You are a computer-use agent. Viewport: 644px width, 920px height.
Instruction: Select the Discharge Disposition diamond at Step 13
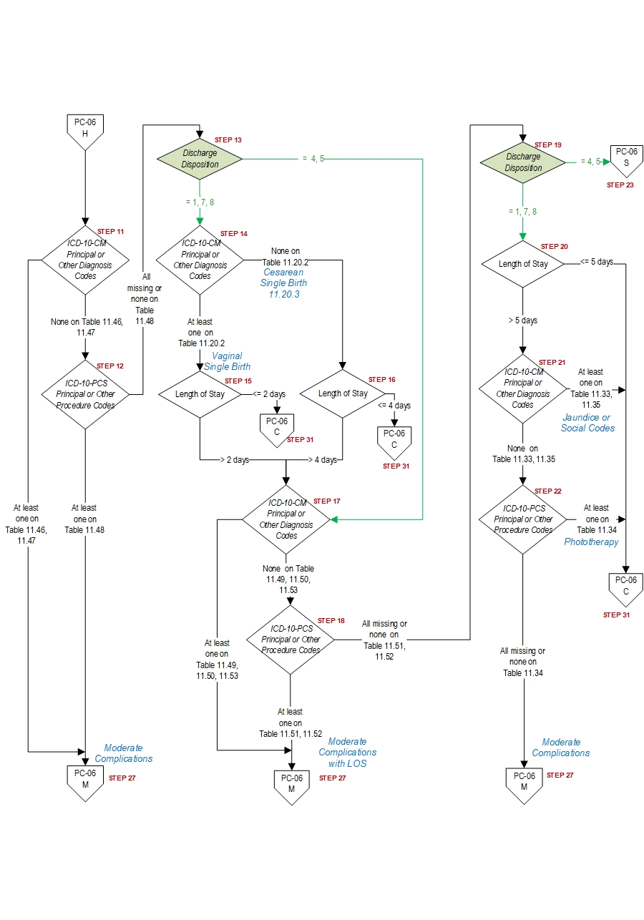200,159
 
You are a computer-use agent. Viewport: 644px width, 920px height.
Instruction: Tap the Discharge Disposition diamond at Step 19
523,162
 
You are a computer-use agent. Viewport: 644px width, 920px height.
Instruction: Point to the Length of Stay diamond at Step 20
523,264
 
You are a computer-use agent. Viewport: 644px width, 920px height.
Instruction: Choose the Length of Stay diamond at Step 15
200,393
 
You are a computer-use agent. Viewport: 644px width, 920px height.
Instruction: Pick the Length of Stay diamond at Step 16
343,393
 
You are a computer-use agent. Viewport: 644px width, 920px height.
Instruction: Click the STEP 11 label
110,232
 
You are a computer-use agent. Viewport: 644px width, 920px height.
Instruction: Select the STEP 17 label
326,501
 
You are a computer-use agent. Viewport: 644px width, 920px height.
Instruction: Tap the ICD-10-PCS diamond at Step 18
290,640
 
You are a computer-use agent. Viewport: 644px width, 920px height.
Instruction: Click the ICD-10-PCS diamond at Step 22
523,519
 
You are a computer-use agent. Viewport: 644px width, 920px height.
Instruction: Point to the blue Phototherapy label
591,542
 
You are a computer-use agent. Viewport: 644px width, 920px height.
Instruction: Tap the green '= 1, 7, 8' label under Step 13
200,202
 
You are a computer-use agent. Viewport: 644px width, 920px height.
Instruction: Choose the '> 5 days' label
523,320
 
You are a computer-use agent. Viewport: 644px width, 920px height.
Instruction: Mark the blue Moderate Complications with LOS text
347,753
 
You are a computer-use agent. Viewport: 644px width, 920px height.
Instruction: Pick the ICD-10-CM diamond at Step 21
523,388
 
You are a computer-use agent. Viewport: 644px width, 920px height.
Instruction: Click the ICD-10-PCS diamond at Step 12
85,394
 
